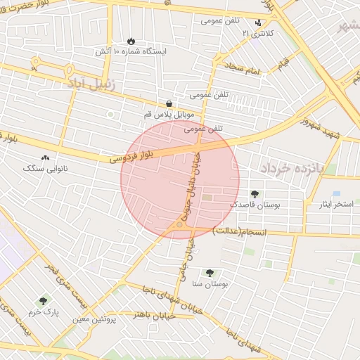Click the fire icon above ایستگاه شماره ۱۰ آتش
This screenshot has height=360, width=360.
[131, 41]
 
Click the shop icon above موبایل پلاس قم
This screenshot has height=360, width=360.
[169, 103]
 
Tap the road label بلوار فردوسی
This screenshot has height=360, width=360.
[131, 156]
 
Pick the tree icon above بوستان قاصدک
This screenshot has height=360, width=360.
[254, 193]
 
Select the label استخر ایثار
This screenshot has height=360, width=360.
[335, 204]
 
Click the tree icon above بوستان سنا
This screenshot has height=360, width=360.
[209, 273]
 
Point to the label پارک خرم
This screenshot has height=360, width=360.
[42, 311]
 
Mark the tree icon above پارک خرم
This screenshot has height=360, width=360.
[44, 301]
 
